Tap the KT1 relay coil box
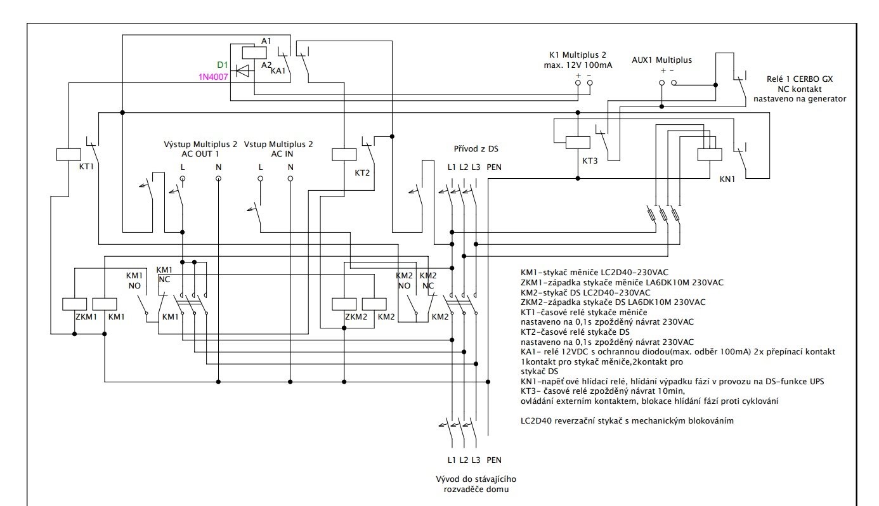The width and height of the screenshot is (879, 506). pyautogui.click(x=68, y=154)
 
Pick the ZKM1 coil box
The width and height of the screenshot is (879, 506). pyautogui.click(x=73, y=303)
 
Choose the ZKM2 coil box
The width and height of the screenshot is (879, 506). pyautogui.click(x=343, y=303)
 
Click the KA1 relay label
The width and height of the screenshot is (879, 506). pyautogui.click(x=278, y=71)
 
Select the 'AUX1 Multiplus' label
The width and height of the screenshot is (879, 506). pyautogui.click(x=661, y=60)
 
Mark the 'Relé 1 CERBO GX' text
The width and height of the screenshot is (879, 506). pyautogui.click(x=798, y=80)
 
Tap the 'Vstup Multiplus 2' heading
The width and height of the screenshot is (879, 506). pyautogui.click(x=278, y=145)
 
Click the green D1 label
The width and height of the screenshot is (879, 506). pyautogui.click(x=223, y=65)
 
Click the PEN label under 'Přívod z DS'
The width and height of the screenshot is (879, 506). pyautogui.click(x=494, y=167)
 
